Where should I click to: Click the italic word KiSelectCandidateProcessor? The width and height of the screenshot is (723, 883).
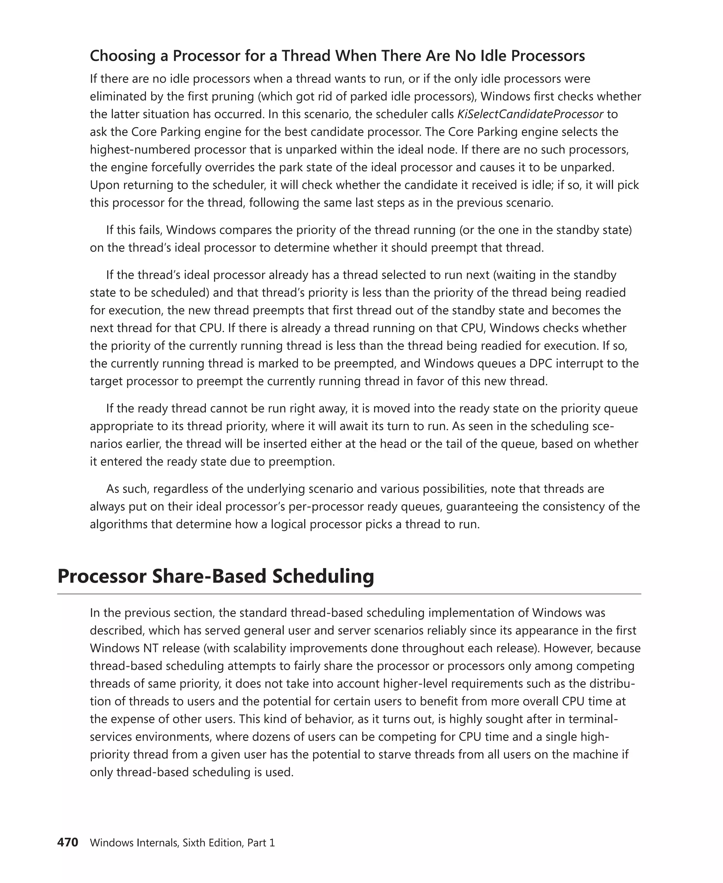click(530, 114)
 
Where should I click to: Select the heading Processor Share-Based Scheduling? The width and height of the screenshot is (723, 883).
click(215, 576)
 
